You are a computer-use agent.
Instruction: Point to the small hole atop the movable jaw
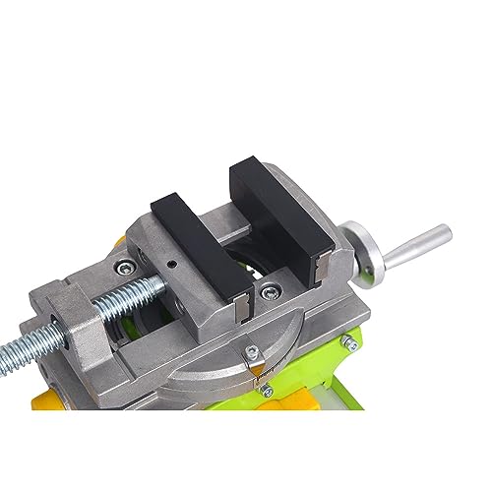(173, 264)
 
